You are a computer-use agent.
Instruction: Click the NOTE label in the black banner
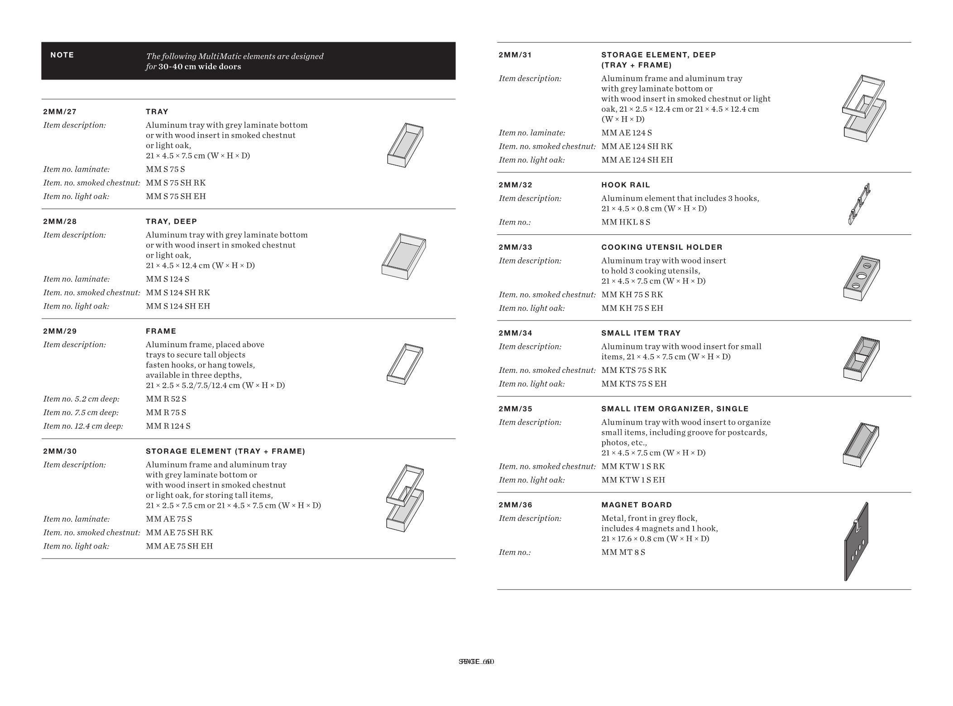pos(62,55)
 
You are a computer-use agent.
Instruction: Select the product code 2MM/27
pos(60,112)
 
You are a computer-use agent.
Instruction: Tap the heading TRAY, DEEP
pos(171,221)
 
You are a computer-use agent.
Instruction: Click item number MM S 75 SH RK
pos(176,183)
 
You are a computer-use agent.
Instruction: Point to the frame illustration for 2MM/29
pos(405,364)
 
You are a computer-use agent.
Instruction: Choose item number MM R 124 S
pos(168,426)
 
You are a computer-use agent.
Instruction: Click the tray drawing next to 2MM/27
pos(405,145)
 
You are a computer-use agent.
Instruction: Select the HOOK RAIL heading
pos(625,185)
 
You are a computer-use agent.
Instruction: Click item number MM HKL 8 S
pos(626,222)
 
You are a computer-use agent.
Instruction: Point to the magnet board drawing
pos(856,542)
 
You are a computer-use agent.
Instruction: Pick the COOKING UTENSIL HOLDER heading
pos(661,248)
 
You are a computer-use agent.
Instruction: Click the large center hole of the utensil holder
pos(861,276)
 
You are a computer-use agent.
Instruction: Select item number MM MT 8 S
pos(623,553)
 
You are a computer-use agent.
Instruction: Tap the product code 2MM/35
pos(515,409)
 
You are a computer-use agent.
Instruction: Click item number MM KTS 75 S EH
pos(634,384)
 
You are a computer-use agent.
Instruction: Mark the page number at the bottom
pos(476,662)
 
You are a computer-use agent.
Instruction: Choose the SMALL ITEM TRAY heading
pos(641,334)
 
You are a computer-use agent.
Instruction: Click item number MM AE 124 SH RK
pos(637,147)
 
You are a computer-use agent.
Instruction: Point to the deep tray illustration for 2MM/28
pos(403,256)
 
